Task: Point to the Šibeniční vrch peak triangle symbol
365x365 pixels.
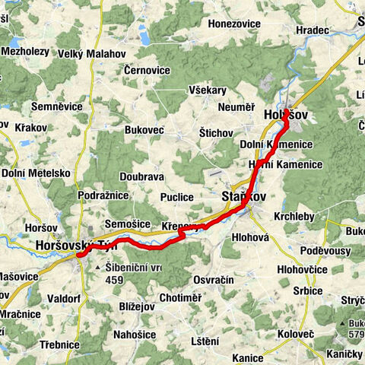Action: tap(98, 268)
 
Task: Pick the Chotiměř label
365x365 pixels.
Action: tap(181, 297)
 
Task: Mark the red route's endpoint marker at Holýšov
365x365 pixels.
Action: tap(285, 115)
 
